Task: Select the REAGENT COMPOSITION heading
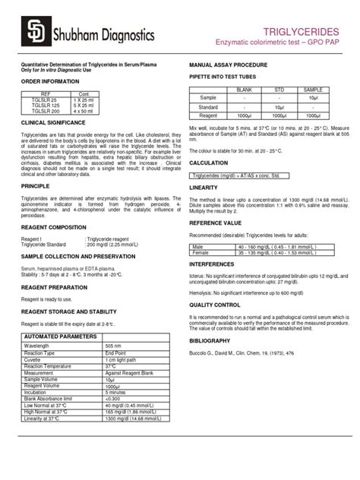click(x=53, y=226)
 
